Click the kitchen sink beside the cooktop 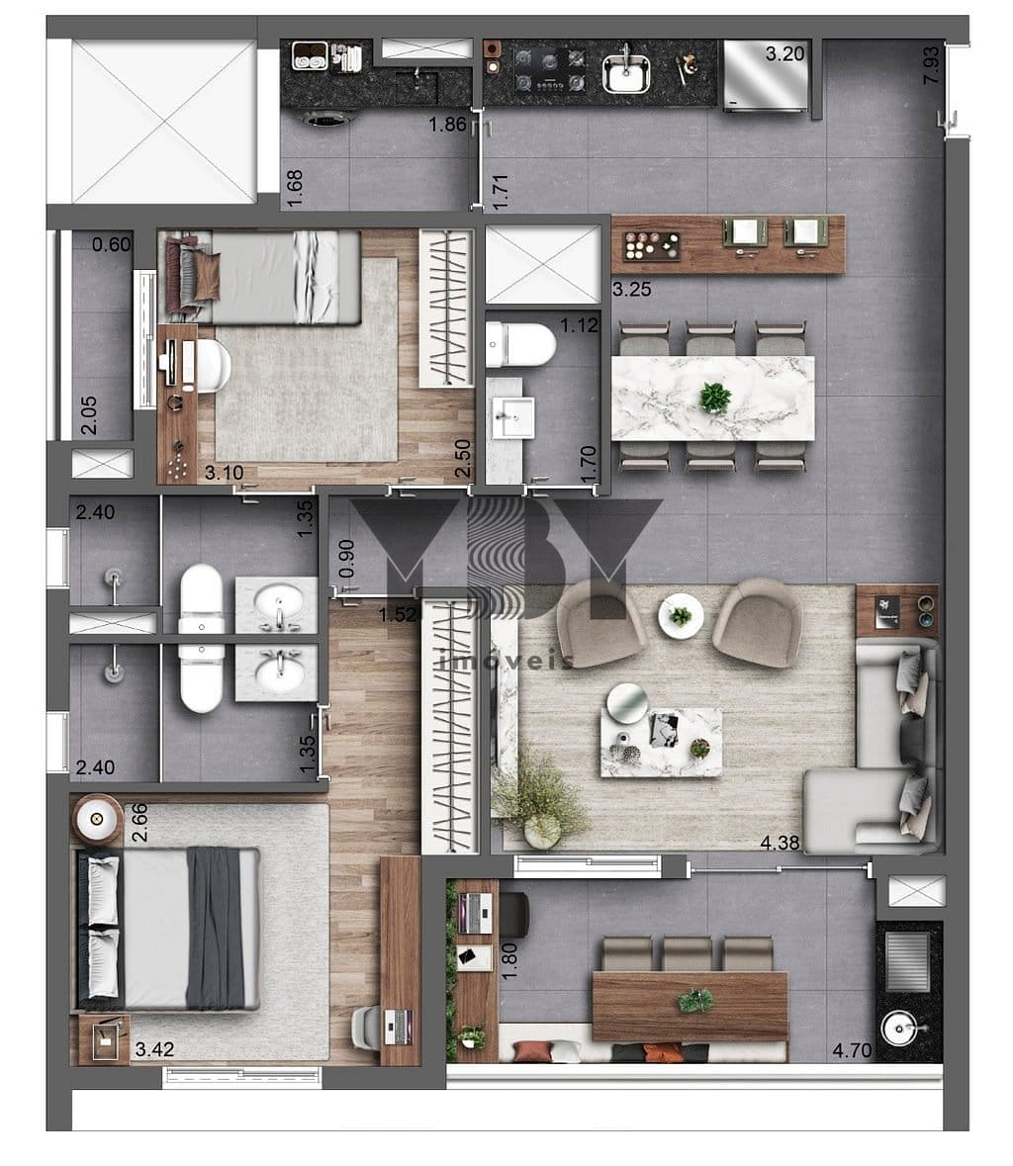pyautogui.click(x=625, y=71)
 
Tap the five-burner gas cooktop pyautogui.click(x=550, y=68)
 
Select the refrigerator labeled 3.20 pyautogui.click(x=766, y=76)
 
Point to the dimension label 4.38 pyautogui.click(x=780, y=843)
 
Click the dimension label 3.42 pyautogui.click(x=154, y=1049)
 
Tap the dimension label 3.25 pyautogui.click(x=631, y=289)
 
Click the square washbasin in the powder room pyautogui.click(x=513, y=418)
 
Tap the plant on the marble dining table pyautogui.click(x=715, y=398)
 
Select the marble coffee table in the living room pyautogui.click(x=661, y=742)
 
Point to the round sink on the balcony pyautogui.click(x=903, y=1030)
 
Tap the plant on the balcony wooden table pyautogui.click(x=695, y=1001)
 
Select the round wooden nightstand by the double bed pyautogui.click(x=97, y=819)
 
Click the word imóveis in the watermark pyautogui.click(x=506, y=661)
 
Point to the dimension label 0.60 pyautogui.click(x=112, y=244)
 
